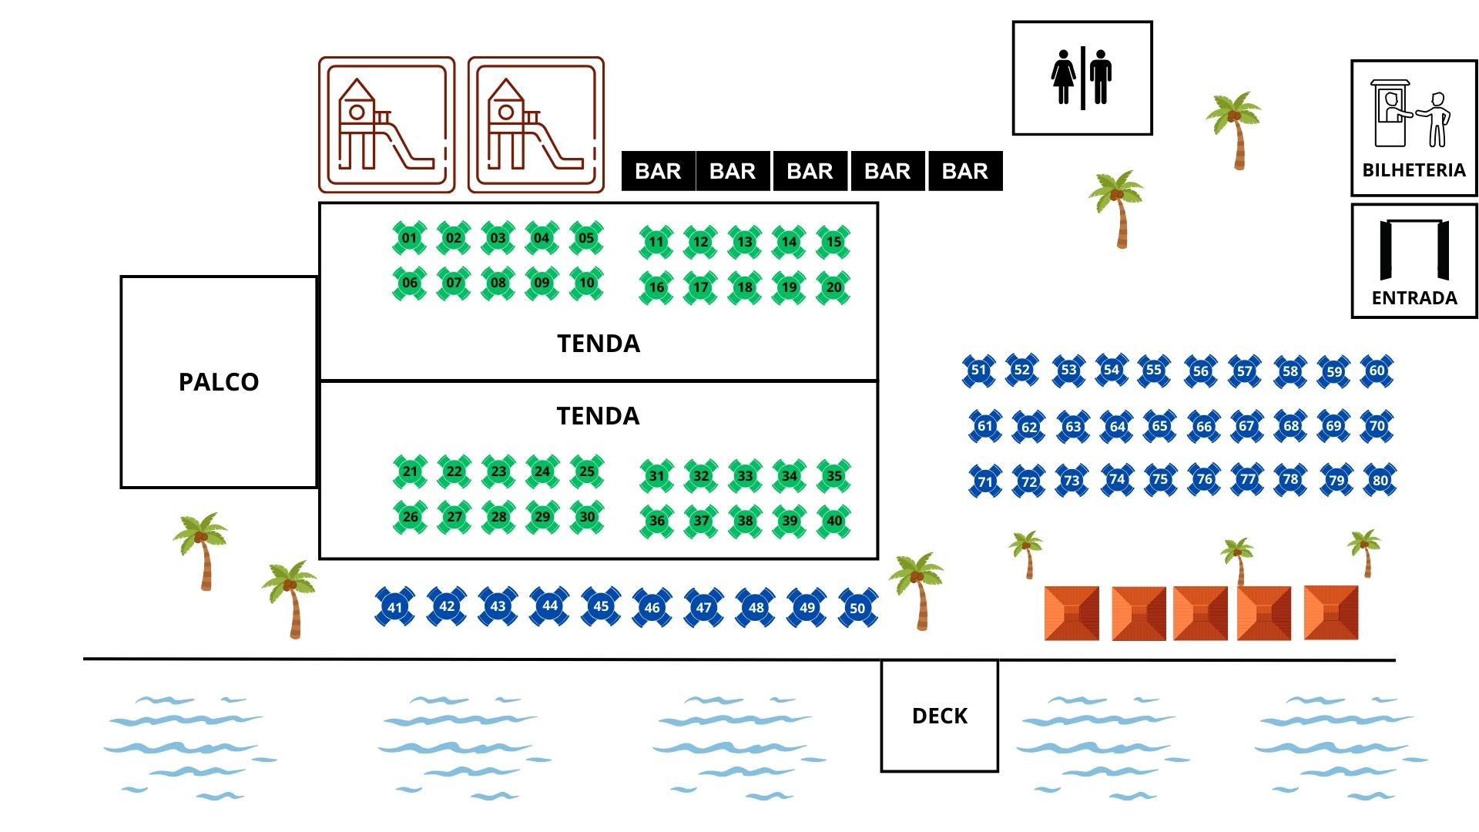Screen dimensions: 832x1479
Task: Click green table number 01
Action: [x=409, y=238]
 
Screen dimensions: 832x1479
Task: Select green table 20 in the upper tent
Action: [x=833, y=287]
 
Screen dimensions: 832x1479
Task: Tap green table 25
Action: [x=587, y=471]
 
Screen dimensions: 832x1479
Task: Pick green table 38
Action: [x=745, y=521]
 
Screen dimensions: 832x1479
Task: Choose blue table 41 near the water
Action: [x=394, y=607]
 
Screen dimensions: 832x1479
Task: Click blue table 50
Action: [x=857, y=608]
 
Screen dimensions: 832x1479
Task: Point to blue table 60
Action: [x=1377, y=371]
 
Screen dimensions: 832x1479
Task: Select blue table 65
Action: [x=1159, y=426]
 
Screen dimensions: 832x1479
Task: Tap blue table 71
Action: [x=985, y=481]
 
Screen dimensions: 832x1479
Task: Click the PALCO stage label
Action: [x=219, y=382]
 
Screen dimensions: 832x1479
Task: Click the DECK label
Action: [x=939, y=716]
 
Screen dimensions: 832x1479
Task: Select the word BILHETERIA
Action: [x=1414, y=170]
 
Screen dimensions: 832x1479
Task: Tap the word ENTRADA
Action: [x=1414, y=298]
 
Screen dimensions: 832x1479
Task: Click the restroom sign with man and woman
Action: [x=1082, y=78]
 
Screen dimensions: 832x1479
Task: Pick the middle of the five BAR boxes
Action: [x=810, y=171]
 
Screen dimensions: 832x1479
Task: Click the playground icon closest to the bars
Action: [x=536, y=125]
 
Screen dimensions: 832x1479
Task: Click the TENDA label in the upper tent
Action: [x=599, y=344]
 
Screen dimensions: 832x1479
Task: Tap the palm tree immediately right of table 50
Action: [x=917, y=589]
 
